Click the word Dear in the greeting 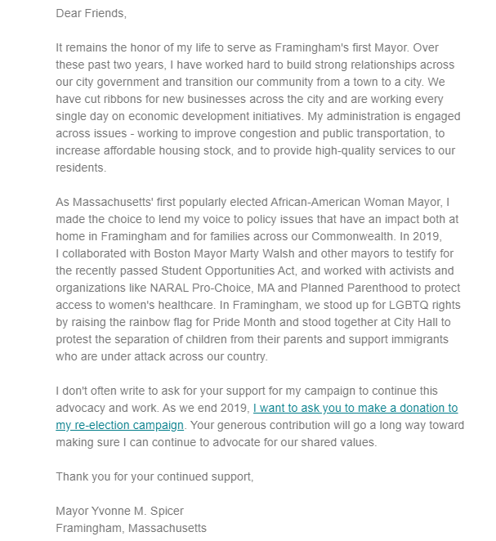(70, 14)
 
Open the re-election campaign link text (119, 425)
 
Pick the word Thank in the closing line (73, 476)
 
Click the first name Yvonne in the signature (117, 511)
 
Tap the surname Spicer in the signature (172, 511)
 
